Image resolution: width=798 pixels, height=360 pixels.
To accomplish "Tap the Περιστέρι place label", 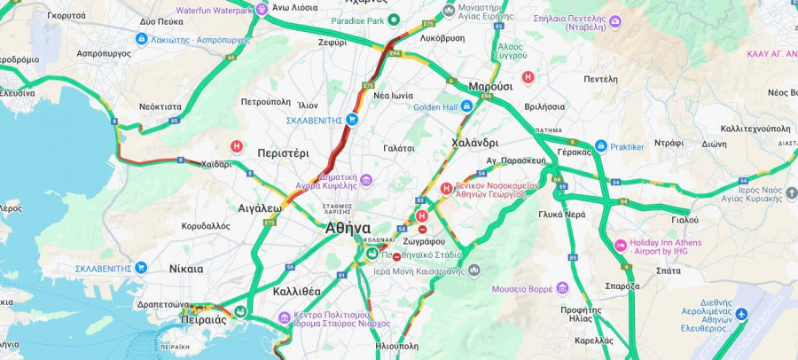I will click(x=283, y=153).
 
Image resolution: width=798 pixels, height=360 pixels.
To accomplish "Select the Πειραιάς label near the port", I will click(x=202, y=320).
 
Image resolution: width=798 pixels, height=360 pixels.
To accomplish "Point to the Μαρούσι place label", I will click(x=490, y=86).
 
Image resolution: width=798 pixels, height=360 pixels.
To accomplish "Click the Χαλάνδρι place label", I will click(x=474, y=142).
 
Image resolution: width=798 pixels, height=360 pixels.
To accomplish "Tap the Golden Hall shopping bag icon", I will click(x=465, y=107).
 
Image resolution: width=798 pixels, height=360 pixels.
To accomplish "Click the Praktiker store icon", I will click(x=601, y=146).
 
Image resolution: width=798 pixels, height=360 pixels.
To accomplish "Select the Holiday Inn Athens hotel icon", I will click(x=621, y=246).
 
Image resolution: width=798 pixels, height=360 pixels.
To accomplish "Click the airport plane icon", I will click(x=741, y=316).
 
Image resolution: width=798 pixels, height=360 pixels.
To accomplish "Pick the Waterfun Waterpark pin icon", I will click(x=262, y=10).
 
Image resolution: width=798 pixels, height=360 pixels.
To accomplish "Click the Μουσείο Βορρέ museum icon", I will click(x=562, y=288).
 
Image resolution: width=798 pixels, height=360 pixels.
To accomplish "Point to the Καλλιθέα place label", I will click(x=297, y=291).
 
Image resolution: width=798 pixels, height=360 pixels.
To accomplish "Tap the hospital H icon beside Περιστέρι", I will click(x=237, y=146).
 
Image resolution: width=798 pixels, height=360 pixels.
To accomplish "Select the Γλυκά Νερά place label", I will click(x=561, y=215).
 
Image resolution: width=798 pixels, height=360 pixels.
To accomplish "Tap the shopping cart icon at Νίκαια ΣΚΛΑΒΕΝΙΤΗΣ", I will click(x=141, y=267).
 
